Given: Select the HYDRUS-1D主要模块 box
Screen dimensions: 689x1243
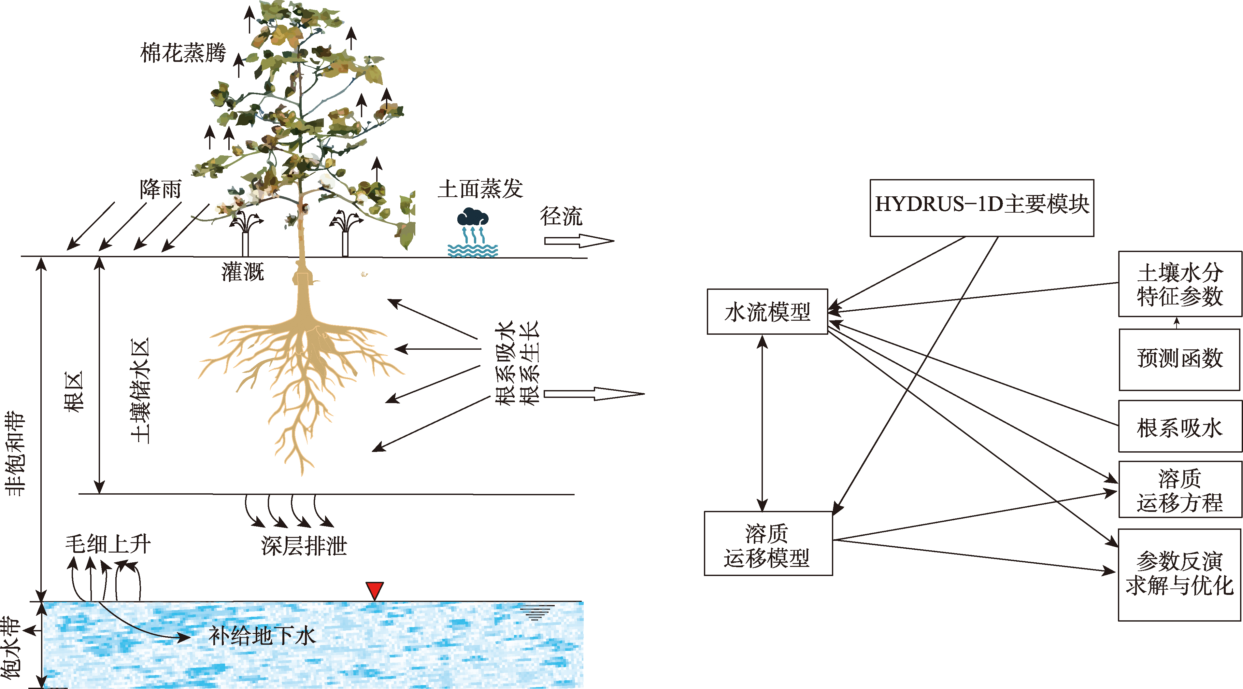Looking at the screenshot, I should [981, 208].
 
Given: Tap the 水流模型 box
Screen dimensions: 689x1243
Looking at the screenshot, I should [767, 312].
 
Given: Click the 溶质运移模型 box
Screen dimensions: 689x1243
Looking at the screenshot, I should [768, 543].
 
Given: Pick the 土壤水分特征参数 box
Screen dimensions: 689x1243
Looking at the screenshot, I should [1180, 284].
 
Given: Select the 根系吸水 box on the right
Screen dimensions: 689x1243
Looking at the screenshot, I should [1180, 427].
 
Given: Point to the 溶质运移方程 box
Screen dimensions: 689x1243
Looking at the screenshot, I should [1180, 489].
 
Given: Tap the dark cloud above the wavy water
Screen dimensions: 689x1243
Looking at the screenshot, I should [473, 217].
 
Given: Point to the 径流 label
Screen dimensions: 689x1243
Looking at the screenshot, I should [561, 216].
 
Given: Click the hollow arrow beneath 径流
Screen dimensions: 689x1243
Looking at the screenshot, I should [579, 240].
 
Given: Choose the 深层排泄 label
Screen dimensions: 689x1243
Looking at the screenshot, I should [304, 546].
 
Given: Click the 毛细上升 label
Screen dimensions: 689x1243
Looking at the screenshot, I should [108, 544].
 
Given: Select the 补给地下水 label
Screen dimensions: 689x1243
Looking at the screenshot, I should [262, 636].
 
